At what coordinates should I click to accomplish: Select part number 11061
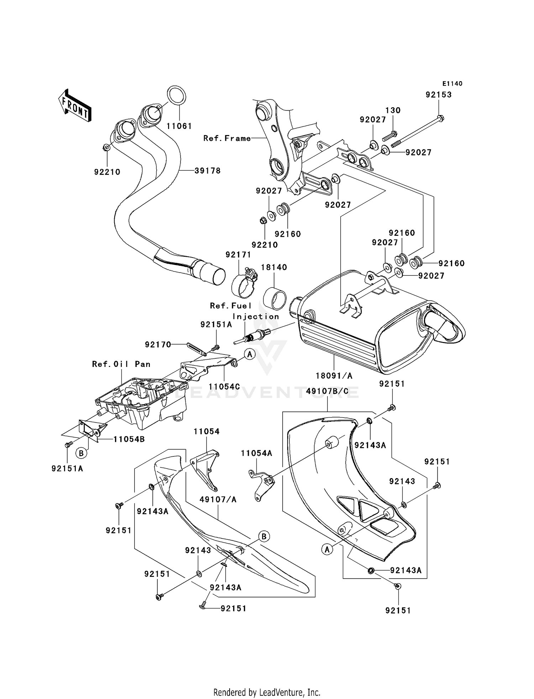[x=179, y=126]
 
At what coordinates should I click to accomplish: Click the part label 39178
[x=208, y=171]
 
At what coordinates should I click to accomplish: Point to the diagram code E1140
[x=452, y=84]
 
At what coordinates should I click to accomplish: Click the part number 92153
[x=439, y=95]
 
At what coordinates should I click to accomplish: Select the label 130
[x=393, y=110]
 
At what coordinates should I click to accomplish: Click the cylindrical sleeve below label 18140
[x=275, y=295]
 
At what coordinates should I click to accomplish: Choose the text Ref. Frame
[x=227, y=138]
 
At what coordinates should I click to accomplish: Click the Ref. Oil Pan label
[x=121, y=364]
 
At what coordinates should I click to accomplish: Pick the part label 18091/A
[x=334, y=376]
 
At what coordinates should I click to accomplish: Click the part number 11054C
[x=224, y=387]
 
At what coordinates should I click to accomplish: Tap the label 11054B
[x=129, y=439]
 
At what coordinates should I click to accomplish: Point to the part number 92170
[x=158, y=345]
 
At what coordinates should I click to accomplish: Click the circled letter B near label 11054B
[x=81, y=453]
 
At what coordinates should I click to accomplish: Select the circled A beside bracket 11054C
[x=250, y=354]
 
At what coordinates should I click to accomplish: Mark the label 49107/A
[x=218, y=500]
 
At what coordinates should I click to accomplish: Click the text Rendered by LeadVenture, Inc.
[x=267, y=693]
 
